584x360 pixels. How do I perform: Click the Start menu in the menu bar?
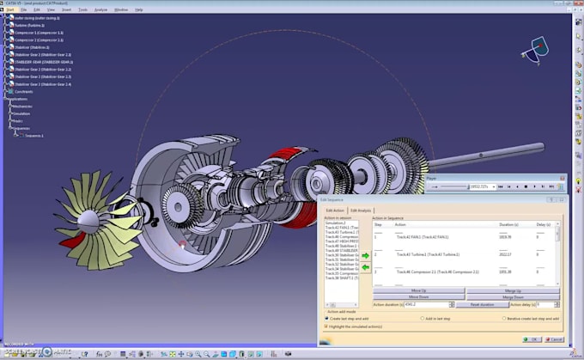10,9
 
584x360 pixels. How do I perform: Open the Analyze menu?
100,9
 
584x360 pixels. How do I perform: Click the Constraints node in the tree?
23,92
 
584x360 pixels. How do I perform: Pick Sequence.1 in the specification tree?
33,136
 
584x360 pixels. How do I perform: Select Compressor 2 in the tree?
38,40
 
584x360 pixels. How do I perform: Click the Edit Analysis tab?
360,211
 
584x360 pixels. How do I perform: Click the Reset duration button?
481,305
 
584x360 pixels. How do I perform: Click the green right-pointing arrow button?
366,256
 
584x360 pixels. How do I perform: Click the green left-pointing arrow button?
366,268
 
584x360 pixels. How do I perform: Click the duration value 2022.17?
504,254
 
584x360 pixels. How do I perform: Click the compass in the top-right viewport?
538,49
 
